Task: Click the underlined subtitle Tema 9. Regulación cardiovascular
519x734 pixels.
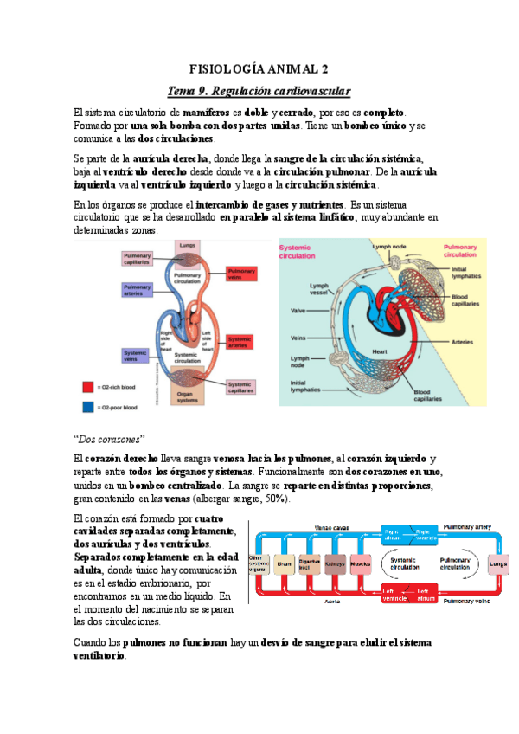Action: point(259,90)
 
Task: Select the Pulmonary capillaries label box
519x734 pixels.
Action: point(138,258)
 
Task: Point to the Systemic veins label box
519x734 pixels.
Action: point(136,355)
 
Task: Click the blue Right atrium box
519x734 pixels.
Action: point(392,532)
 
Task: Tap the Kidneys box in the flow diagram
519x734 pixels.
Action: point(335,563)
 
